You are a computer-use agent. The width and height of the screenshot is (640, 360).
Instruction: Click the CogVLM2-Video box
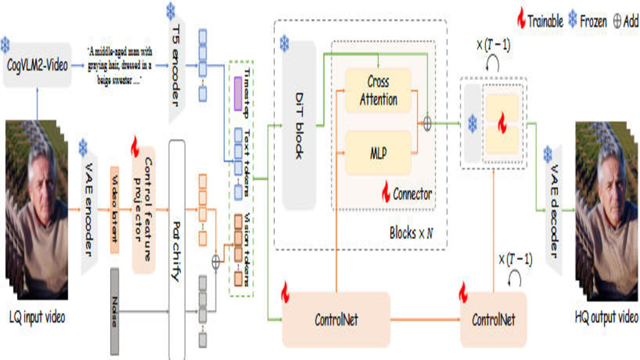pos(37,65)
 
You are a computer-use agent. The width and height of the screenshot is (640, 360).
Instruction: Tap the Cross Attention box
pos(378,90)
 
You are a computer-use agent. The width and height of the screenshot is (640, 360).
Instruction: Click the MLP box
pos(378,153)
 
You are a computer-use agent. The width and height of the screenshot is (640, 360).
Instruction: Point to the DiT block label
pos(299,125)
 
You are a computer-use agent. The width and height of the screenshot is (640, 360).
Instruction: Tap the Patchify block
pos(177,250)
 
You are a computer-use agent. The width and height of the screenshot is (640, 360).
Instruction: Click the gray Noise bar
pos(115,312)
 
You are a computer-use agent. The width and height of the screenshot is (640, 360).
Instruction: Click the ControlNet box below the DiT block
pos(336,320)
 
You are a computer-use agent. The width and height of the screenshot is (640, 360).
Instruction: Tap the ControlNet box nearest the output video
pos(493,320)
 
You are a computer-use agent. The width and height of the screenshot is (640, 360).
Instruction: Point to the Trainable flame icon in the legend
pos(521,18)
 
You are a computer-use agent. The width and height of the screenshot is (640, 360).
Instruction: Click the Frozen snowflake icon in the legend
pos(573,19)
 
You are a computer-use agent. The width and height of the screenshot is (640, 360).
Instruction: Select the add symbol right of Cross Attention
pos(427,124)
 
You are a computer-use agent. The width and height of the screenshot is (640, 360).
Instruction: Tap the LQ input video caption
pos(37,317)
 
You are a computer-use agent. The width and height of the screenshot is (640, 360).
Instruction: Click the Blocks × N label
pos(411,233)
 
